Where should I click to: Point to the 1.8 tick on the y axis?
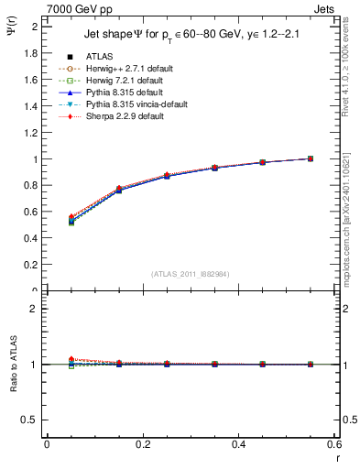[x=34, y=53]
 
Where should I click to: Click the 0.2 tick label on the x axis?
[x=143, y=444]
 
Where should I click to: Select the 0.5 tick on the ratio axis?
[x=34, y=420]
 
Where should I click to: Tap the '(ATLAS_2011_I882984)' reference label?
[x=191, y=274]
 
